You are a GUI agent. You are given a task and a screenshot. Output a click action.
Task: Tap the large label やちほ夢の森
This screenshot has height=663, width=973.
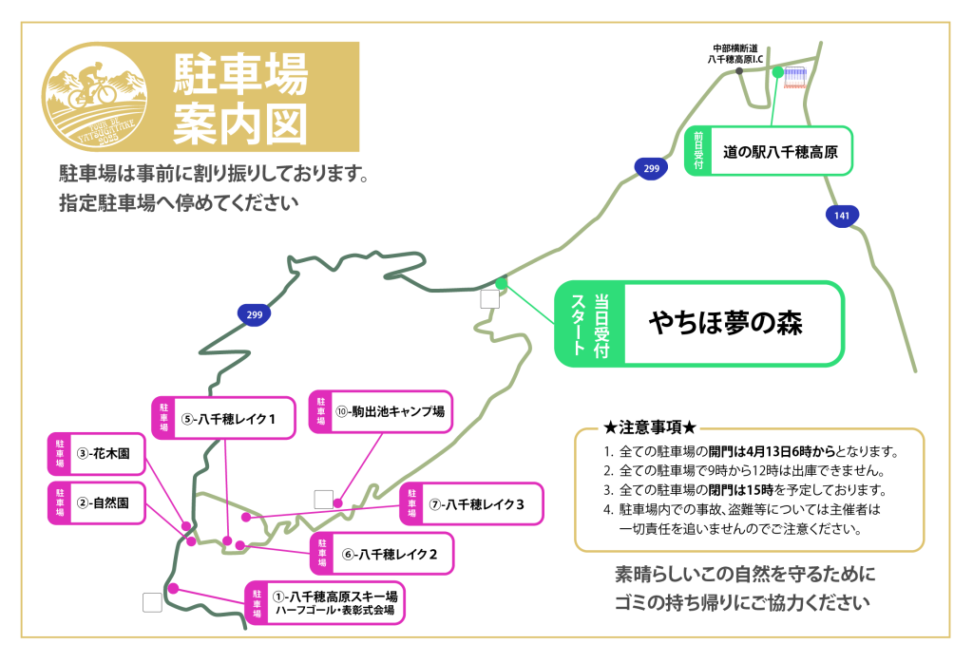pyautogui.click(x=726, y=324)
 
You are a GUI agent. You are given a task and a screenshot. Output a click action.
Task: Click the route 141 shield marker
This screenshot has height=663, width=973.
pyautogui.click(x=842, y=217)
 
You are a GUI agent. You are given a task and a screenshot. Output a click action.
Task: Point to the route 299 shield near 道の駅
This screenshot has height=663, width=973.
pyautogui.click(x=650, y=169)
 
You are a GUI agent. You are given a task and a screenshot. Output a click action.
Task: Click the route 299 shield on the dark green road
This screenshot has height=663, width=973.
pyautogui.click(x=254, y=315)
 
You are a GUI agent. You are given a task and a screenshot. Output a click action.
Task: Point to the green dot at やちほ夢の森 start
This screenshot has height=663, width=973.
pyautogui.click(x=501, y=283)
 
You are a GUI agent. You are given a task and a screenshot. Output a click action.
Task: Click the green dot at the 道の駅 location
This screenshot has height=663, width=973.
pyautogui.click(x=777, y=72)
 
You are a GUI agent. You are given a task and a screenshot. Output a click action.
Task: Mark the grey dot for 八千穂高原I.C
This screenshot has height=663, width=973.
pyautogui.click(x=739, y=71)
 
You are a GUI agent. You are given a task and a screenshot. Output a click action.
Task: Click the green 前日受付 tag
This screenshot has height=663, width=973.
pyautogui.click(x=698, y=151)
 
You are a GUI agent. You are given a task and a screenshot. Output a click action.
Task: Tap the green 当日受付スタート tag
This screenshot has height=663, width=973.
pyautogui.click(x=590, y=324)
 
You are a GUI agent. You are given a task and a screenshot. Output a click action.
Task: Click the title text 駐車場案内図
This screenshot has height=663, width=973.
pyautogui.click(x=240, y=98)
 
